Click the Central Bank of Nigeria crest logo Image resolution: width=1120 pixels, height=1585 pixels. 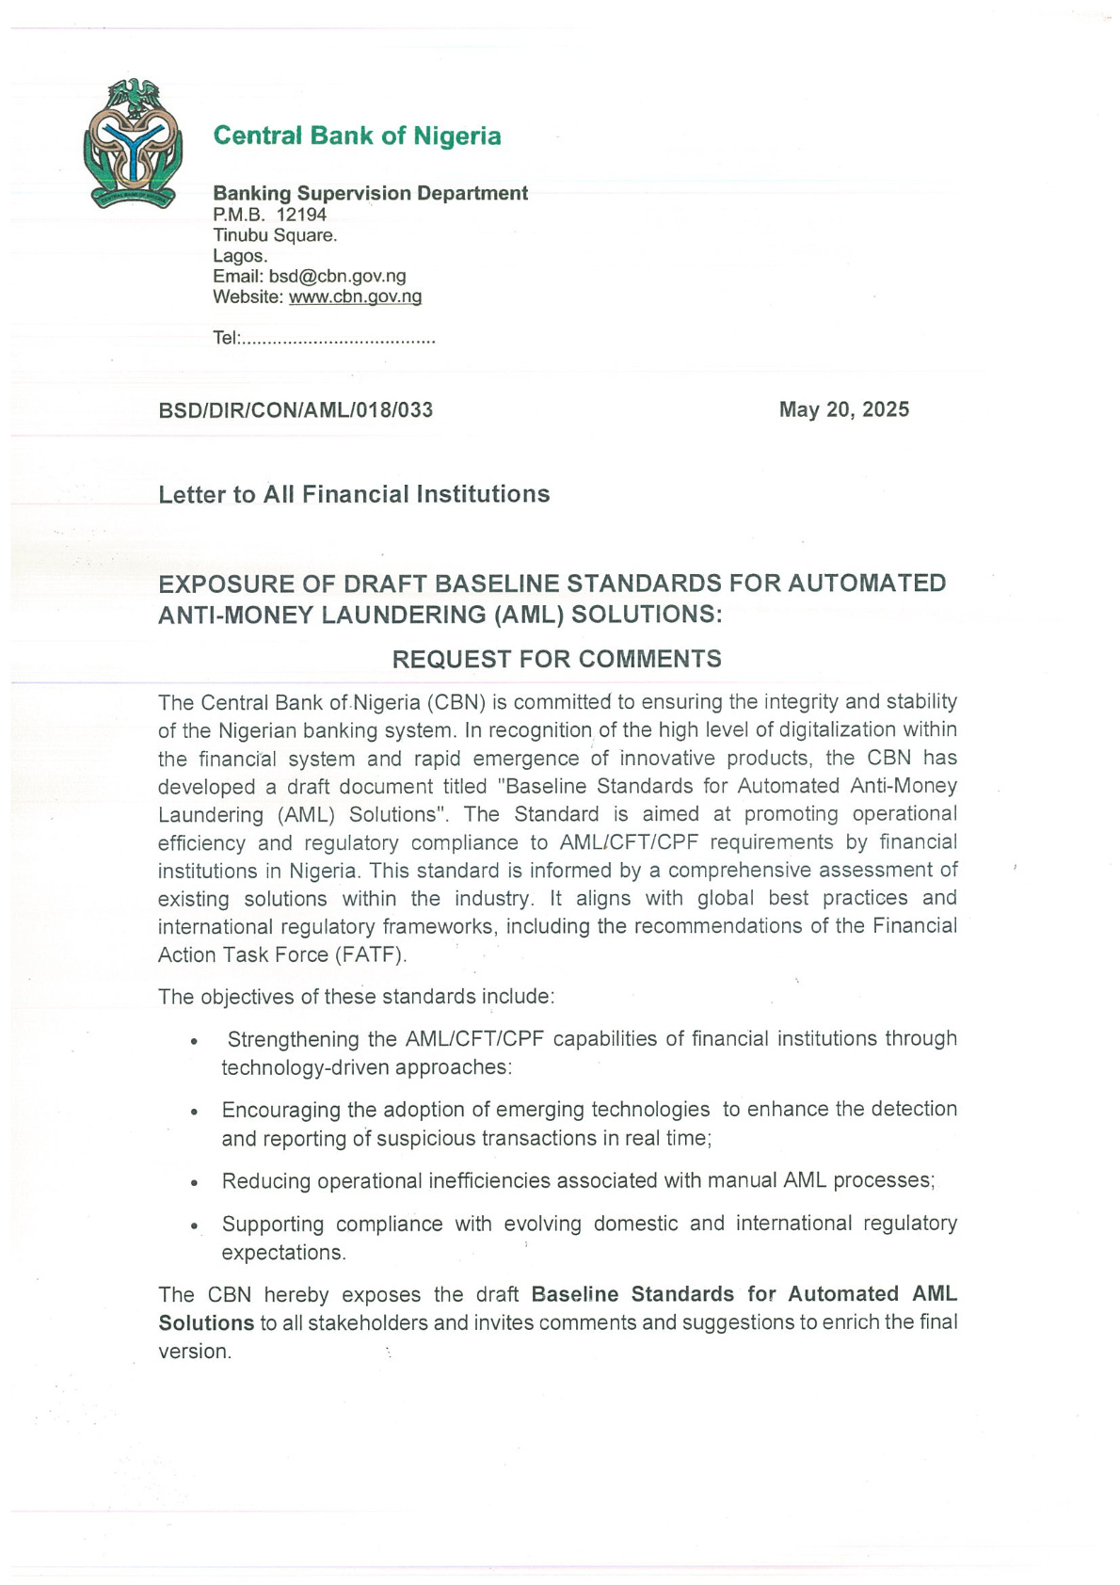(x=132, y=144)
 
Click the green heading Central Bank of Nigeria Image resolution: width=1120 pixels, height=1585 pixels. (x=357, y=136)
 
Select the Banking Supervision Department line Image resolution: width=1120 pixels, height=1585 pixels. (x=370, y=193)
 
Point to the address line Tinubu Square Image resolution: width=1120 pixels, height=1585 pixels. (x=275, y=235)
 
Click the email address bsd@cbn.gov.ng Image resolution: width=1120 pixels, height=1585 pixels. (x=337, y=276)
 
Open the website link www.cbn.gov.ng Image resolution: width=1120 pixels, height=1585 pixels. (x=355, y=296)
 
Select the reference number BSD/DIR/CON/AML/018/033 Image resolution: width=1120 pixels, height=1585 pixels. (x=296, y=410)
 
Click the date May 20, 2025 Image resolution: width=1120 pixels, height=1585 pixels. (x=843, y=409)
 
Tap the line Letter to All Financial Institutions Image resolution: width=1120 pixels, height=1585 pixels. (x=354, y=494)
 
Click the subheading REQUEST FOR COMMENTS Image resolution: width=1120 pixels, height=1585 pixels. (x=556, y=659)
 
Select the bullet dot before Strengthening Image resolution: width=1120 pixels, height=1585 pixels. (x=194, y=1042)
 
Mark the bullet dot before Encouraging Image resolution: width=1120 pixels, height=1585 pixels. (x=194, y=1112)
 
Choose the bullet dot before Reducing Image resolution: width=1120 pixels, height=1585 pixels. (x=194, y=1183)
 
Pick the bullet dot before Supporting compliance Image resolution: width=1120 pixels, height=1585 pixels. (x=194, y=1226)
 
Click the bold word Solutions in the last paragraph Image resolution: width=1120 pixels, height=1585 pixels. (x=206, y=1322)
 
